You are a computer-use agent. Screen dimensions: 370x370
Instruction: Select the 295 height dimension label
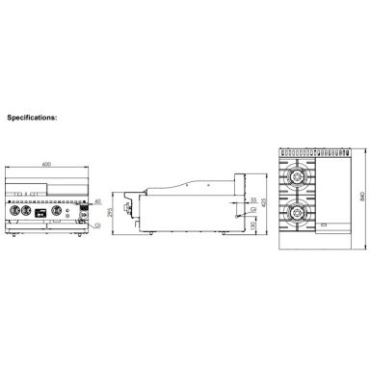pyautogui.click(x=110, y=210)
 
